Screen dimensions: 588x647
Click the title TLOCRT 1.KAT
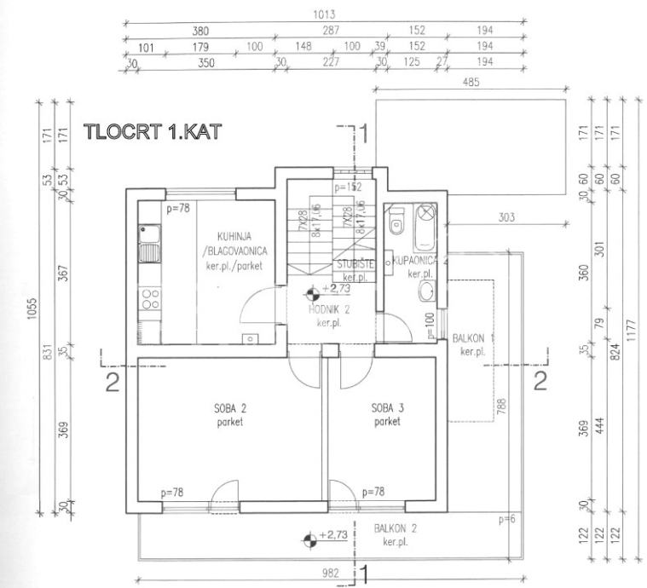(x=152, y=133)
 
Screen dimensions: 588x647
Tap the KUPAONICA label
(x=416, y=260)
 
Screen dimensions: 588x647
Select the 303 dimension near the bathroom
(x=506, y=218)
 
